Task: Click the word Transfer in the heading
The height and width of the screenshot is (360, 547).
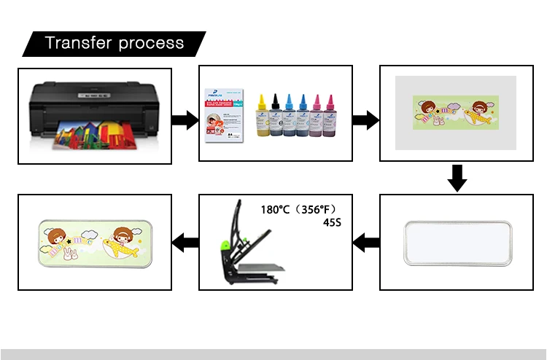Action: click(77, 43)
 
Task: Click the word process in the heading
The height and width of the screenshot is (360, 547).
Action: click(150, 44)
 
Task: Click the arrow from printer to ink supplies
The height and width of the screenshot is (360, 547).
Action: click(185, 120)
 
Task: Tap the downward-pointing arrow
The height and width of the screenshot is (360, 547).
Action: click(457, 177)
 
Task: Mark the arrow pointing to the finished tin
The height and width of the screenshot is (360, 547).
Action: click(185, 242)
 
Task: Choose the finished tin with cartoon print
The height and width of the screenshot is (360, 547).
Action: click(96, 243)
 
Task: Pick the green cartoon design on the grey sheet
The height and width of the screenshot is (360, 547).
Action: click(456, 112)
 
